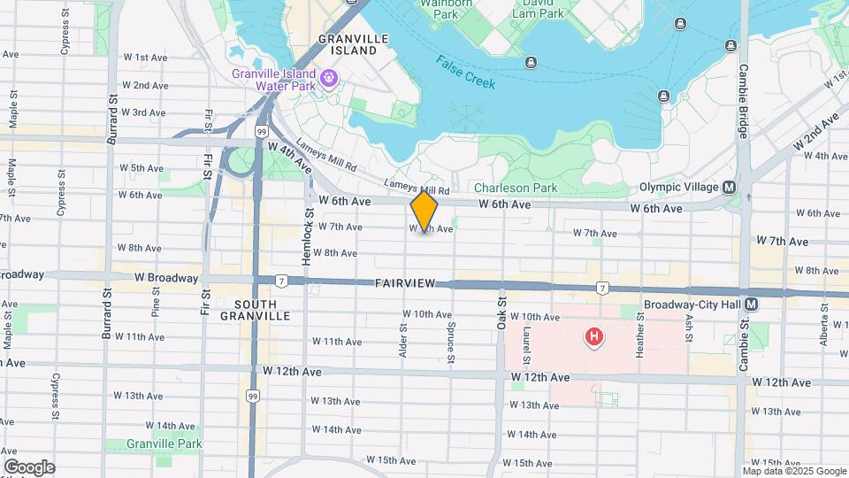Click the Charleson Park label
(x=515, y=188)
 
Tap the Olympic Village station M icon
(x=730, y=188)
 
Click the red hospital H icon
(x=595, y=336)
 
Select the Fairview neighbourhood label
(x=404, y=283)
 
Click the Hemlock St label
(x=310, y=237)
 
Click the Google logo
(x=29, y=467)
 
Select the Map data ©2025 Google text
(x=794, y=471)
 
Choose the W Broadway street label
(x=142, y=278)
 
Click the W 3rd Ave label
(x=143, y=112)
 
